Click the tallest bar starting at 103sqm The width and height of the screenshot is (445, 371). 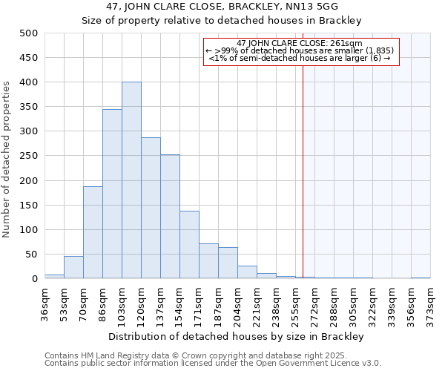[131, 180]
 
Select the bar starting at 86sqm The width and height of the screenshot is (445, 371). [112, 194]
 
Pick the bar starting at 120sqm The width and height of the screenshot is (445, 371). [151, 208]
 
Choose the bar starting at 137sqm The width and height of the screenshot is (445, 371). [170, 217]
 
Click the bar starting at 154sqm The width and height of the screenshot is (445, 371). [189, 245]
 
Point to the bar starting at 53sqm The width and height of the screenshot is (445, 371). [73, 267]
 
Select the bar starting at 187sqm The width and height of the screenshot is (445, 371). [228, 263]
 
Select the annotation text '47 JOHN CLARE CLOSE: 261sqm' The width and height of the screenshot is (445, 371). [300, 44]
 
